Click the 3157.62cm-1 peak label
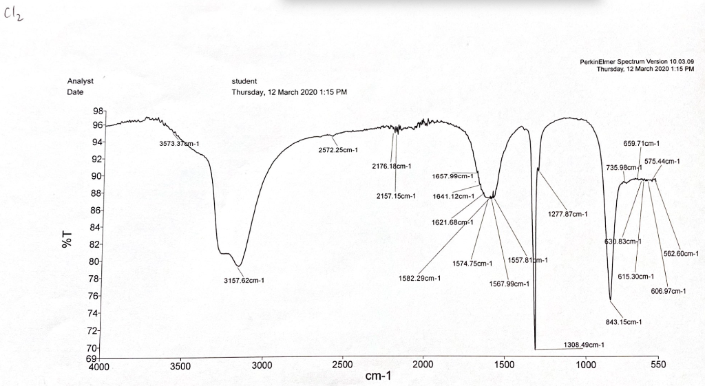click(244, 281)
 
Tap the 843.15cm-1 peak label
click(623, 322)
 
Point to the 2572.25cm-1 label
click(338, 150)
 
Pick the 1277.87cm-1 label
click(567, 214)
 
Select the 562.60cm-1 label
click(681, 253)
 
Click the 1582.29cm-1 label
click(419, 279)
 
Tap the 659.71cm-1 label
click(641, 144)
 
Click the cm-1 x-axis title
click(378, 376)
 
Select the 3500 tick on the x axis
click(180, 365)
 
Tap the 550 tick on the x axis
click(657, 365)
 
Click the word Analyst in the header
click(81, 81)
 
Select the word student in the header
click(244, 81)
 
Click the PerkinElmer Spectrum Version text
click(637, 62)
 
